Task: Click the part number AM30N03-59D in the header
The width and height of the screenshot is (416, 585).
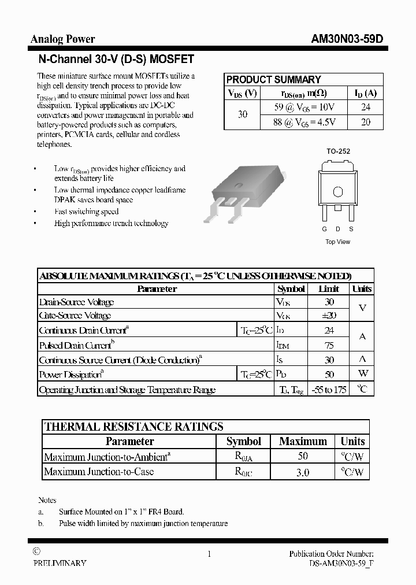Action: coord(347,39)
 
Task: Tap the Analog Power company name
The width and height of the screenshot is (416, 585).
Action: coord(62,39)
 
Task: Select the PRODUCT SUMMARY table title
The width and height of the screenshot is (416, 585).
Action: coord(273,80)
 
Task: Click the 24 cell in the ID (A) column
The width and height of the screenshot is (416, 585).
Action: coord(365,107)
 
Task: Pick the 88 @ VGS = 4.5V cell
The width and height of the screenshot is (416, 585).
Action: coord(305,122)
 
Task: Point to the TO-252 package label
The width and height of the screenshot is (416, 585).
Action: coord(339,151)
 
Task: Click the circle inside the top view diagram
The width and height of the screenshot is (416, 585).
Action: coord(339,192)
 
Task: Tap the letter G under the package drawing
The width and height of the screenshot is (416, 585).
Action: coord(324,229)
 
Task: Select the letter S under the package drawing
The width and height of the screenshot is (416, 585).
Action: coord(351,229)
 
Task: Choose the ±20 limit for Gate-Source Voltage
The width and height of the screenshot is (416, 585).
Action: coord(328,316)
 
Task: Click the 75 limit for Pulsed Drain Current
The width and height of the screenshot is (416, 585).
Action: coord(328,346)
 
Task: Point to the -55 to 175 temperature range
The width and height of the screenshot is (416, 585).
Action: coord(328,390)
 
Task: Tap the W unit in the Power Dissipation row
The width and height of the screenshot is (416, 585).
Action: coord(362,375)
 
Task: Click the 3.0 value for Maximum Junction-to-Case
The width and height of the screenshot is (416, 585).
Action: coord(303,472)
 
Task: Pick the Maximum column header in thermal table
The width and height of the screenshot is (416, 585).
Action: coord(303,442)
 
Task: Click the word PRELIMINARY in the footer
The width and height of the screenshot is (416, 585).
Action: coord(60,563)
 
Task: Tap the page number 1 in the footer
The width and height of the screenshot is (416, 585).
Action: coord(209,554)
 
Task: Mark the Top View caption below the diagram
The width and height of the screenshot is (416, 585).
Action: coord(337,242)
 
